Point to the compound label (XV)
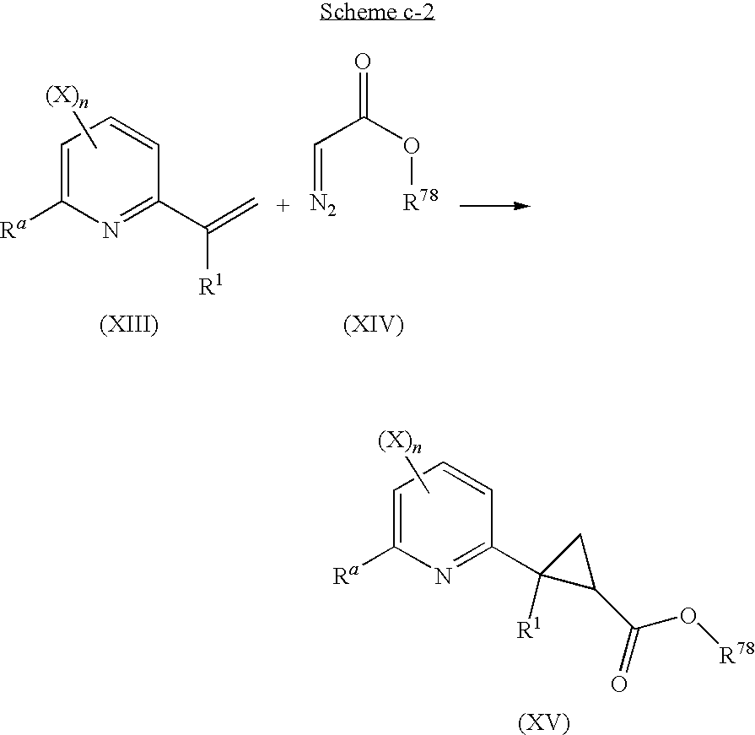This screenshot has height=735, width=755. coord(543,722)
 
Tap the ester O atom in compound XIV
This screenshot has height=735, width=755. coord(411,148)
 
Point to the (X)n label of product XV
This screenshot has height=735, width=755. coord(396,442)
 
